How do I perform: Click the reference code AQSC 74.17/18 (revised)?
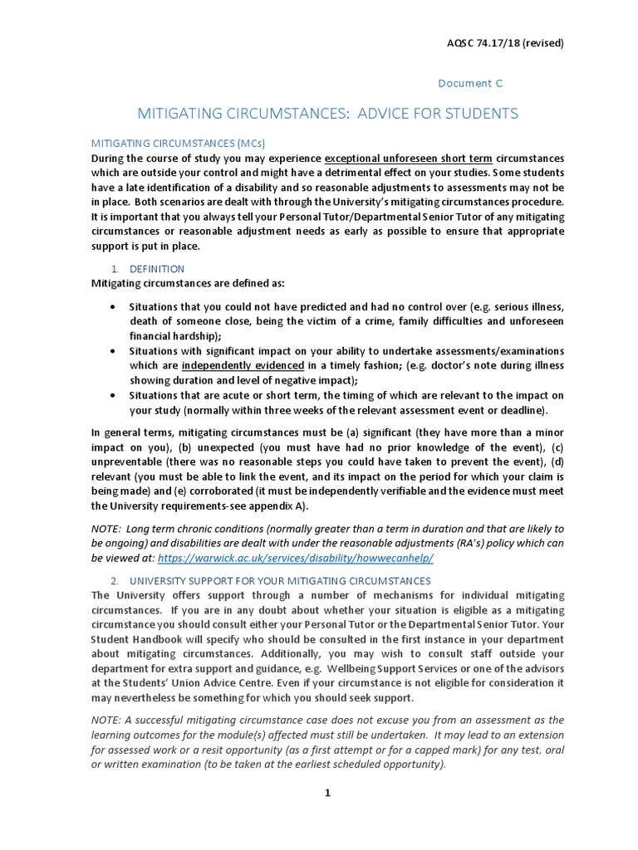click(x=506, y=43)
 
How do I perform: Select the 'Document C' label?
click(x=469, y=83)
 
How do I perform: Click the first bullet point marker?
click(x=113, y=306)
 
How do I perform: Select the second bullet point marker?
click(x=113, y=351)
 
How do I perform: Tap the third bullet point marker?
click(x=113, y=396)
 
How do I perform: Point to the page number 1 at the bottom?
click(x=327, y=793)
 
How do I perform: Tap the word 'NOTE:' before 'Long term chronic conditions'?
click(x=106, y=529)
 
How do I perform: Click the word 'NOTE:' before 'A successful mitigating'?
click(x=106, y=720)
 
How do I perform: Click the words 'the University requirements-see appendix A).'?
click(x=199, y=506)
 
